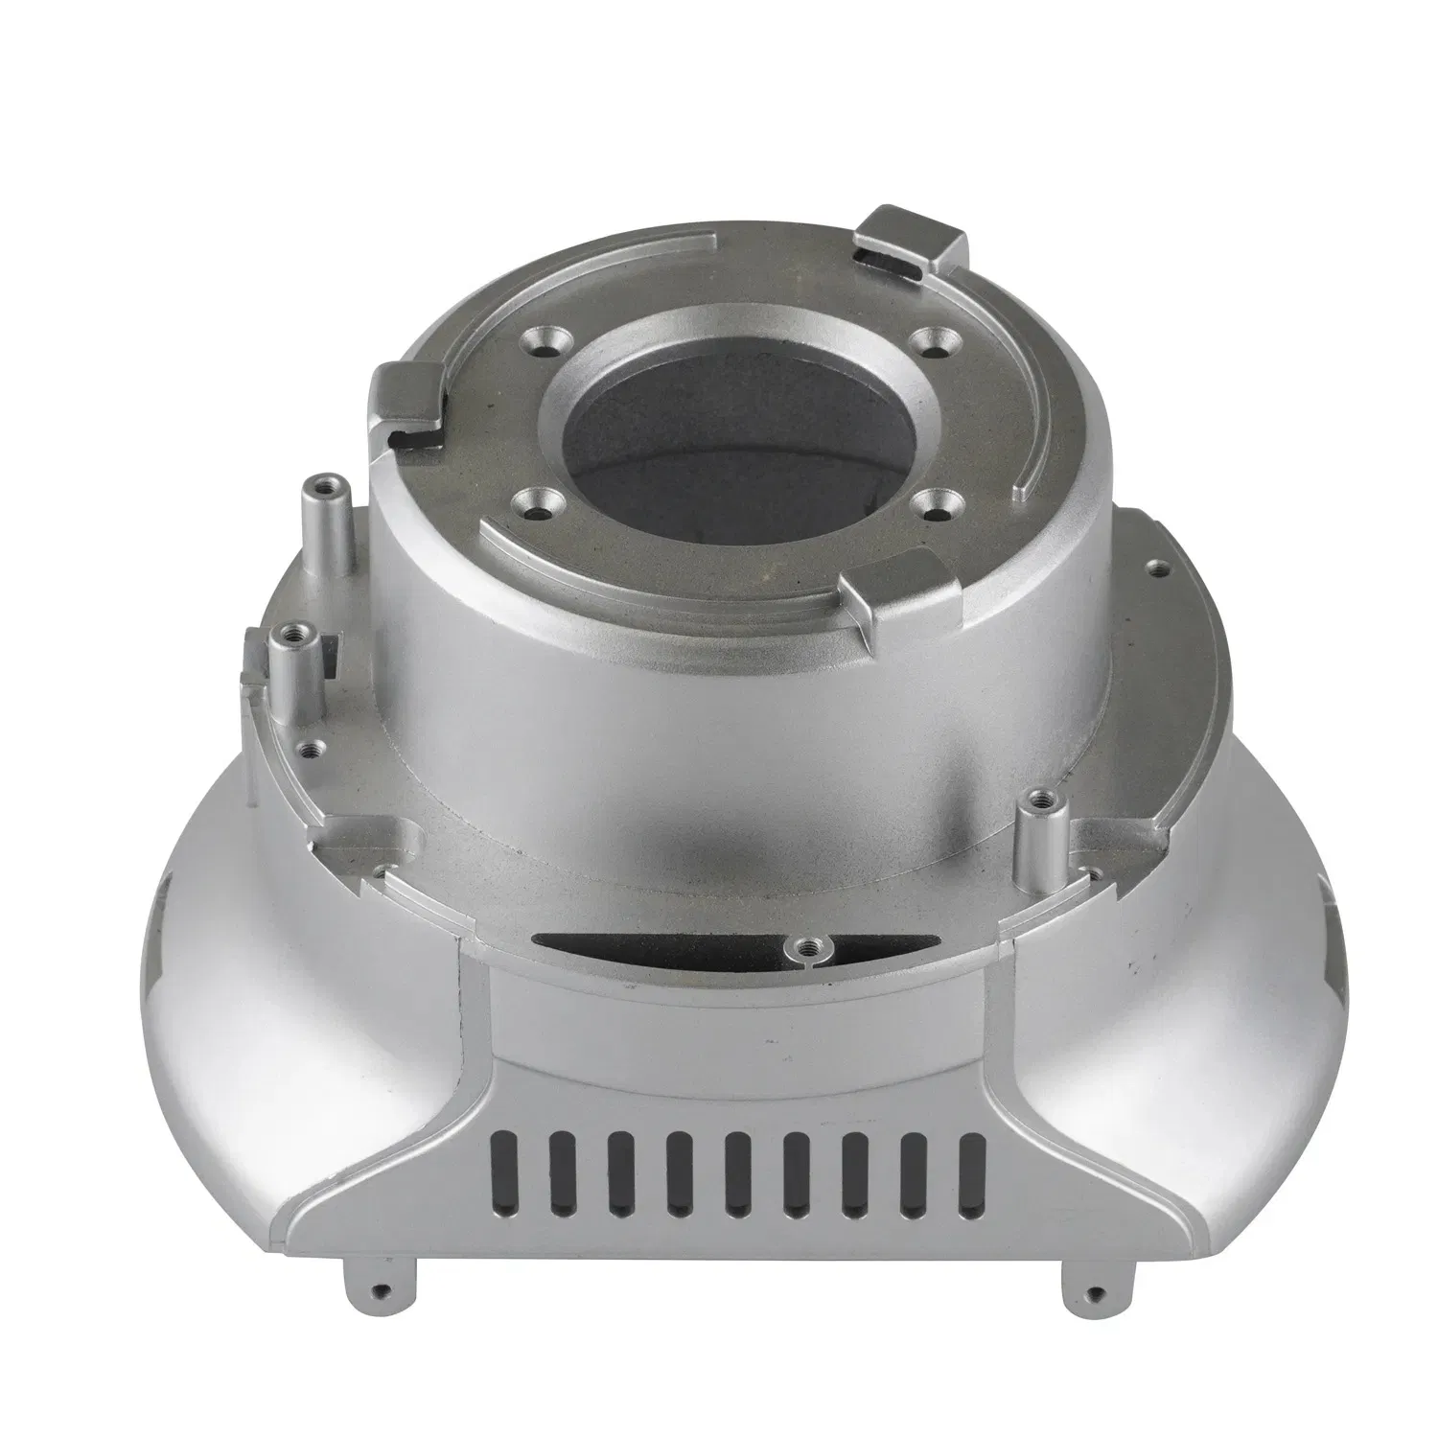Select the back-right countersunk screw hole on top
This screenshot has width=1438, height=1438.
tap(926, 339)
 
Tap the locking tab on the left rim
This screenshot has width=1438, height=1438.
tap(407, 401)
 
